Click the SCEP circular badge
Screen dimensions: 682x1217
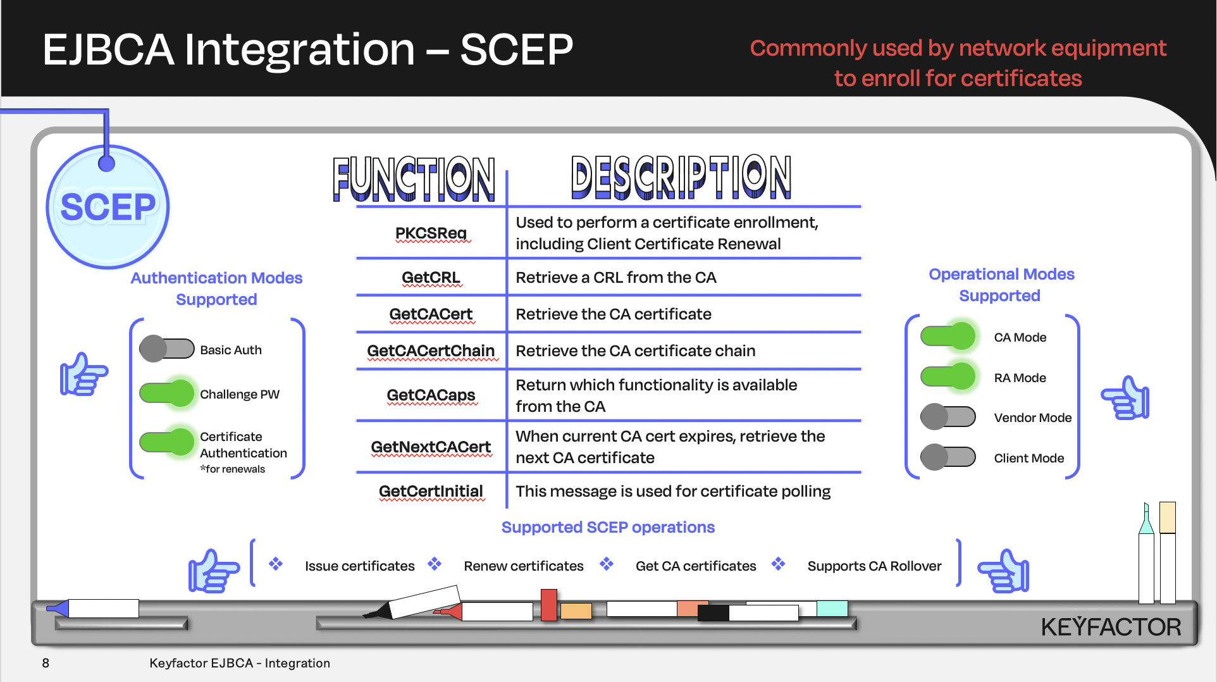108,207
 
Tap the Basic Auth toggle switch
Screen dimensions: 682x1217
166,349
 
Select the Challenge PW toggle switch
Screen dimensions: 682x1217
167,393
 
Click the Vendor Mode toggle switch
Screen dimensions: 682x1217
948,417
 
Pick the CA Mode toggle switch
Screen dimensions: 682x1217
948,336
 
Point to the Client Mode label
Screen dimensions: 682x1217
1029,458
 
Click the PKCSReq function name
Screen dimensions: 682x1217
431,233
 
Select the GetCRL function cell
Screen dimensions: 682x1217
431,278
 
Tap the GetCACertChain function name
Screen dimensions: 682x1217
431,351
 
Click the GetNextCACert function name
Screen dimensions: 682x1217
431,447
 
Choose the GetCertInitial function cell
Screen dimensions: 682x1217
431,492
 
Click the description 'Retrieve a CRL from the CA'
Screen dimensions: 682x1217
615,278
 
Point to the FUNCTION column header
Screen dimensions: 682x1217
414,179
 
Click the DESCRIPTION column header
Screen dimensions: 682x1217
681,177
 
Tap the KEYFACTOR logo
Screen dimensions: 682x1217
1111,627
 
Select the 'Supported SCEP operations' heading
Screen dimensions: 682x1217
608,527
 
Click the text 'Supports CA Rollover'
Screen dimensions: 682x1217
874,566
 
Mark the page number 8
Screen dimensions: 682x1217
46,663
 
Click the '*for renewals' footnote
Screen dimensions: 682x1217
233,469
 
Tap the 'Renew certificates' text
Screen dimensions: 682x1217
523,566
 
